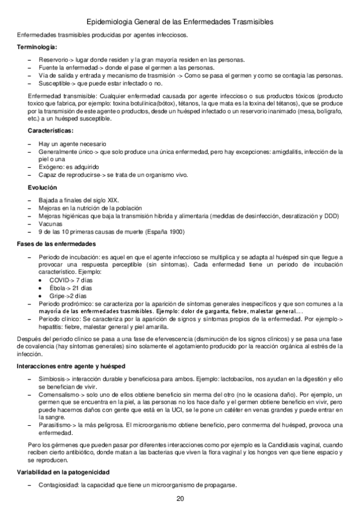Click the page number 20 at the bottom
180,499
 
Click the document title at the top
180,22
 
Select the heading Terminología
37,46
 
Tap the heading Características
50,131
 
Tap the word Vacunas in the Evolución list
49,223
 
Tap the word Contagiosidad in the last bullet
56,485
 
